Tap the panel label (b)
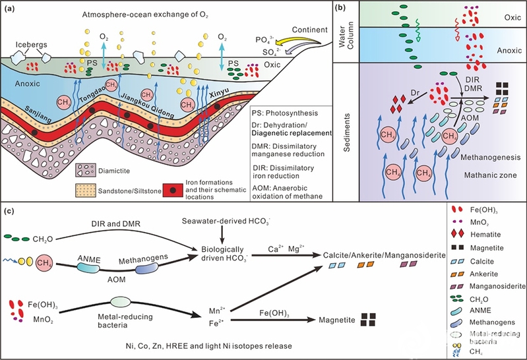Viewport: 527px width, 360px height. (344, 9)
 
